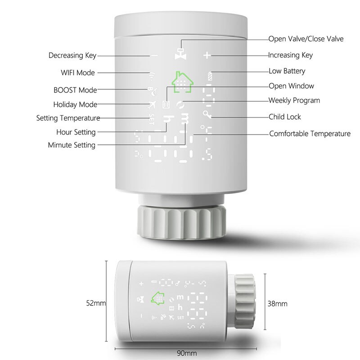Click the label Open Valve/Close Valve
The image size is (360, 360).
[306, 39]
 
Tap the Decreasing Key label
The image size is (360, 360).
[72, 56]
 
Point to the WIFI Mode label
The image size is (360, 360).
[77, 72]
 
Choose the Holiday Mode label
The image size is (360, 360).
[75, 105]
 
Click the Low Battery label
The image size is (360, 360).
[287, 71]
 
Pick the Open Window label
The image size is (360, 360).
[291, 86]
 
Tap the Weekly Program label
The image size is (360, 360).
[294, 100]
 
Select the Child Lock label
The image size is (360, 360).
[285, 117]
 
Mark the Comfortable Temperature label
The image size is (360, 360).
[310, 134]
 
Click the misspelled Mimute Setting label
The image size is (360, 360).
[72, 145]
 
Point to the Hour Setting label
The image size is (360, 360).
[76, 132]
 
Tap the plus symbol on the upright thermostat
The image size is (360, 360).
[207, 56]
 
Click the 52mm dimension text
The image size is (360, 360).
[96, 303]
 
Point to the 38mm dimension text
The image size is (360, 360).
[278, 303]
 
